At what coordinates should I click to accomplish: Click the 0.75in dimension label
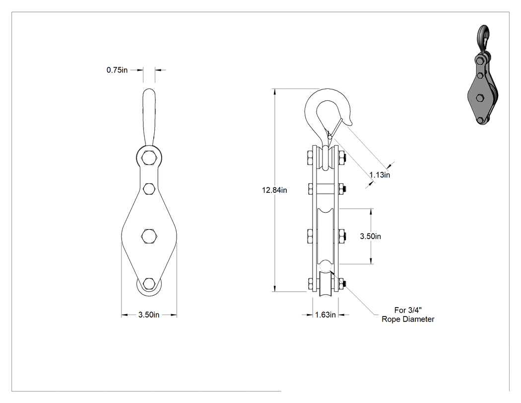tap(117, 70)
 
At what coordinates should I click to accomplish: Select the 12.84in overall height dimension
tap(274, 190)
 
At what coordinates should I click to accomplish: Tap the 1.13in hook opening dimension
tap(380, 175)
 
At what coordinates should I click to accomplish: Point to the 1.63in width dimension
tap(326, 315)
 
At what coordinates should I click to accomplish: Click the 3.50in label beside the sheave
tap(371, 236)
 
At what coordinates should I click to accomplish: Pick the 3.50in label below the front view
tap(149, 315)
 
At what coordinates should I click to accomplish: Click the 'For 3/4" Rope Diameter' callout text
tap(408, 315)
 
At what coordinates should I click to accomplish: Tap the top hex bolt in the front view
tap(149, 158)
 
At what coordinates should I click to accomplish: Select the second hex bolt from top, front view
tap(149, 189)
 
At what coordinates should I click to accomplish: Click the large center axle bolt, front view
tap(149, 236)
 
